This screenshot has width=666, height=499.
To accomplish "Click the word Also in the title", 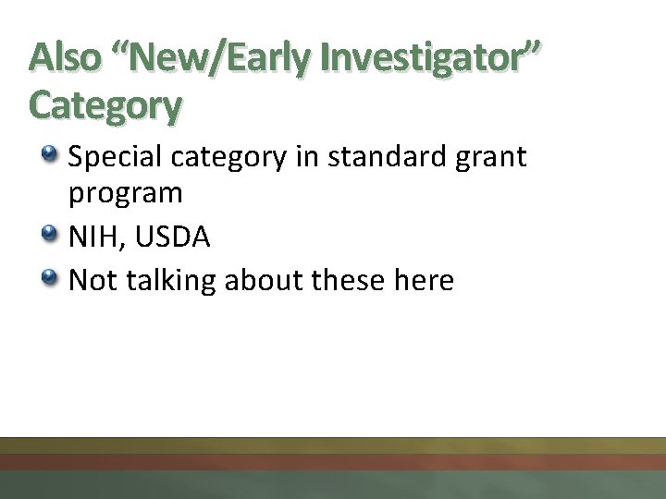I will tap(66, 57).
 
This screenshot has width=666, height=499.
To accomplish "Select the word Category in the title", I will tap(105, 105).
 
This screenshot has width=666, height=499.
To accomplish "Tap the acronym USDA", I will tap(173, 237).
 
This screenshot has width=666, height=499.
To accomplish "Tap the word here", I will tap(424, 279).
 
